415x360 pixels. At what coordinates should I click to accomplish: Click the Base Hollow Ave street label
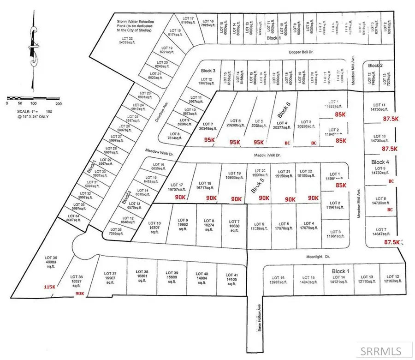coord(259,318)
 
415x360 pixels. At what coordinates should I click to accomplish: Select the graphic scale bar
coord(33,98)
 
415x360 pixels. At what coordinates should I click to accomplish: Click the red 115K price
coord(49,287)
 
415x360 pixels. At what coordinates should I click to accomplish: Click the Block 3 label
coord(208,71)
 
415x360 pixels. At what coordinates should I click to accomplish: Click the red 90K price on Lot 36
coord(79,293)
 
